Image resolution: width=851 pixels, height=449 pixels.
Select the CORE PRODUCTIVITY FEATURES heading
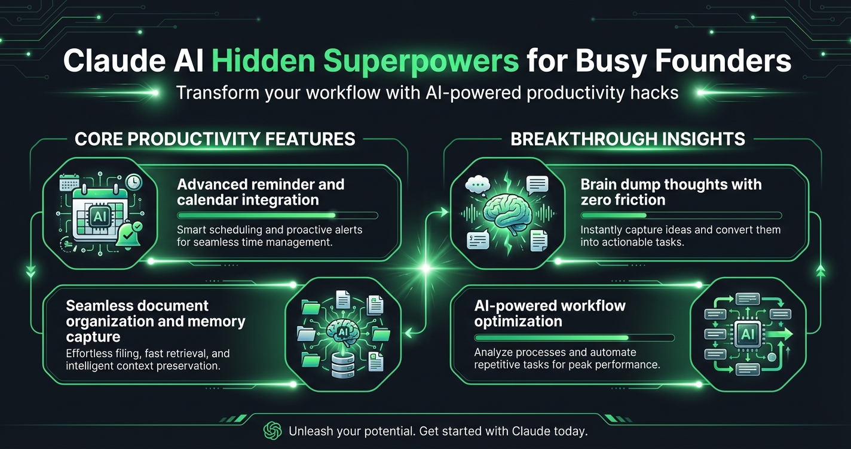pos(215,139)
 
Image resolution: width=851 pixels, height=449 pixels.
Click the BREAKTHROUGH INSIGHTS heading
pos(627,139)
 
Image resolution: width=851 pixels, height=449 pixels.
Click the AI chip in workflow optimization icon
pos(747,334)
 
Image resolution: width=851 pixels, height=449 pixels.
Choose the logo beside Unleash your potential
pos(273,430)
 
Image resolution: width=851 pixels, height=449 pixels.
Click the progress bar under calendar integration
pos(278,215)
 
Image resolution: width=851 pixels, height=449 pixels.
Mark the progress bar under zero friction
pos(681,215)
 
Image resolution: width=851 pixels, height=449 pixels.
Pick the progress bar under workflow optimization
pos(574,337)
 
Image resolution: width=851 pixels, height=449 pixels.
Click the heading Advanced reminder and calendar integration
pos(261,192)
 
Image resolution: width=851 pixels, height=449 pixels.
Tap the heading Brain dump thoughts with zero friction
pos(671,192)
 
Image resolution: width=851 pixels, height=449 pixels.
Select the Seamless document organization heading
pos(155,321)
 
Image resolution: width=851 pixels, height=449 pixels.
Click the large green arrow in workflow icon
pos(780,333)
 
